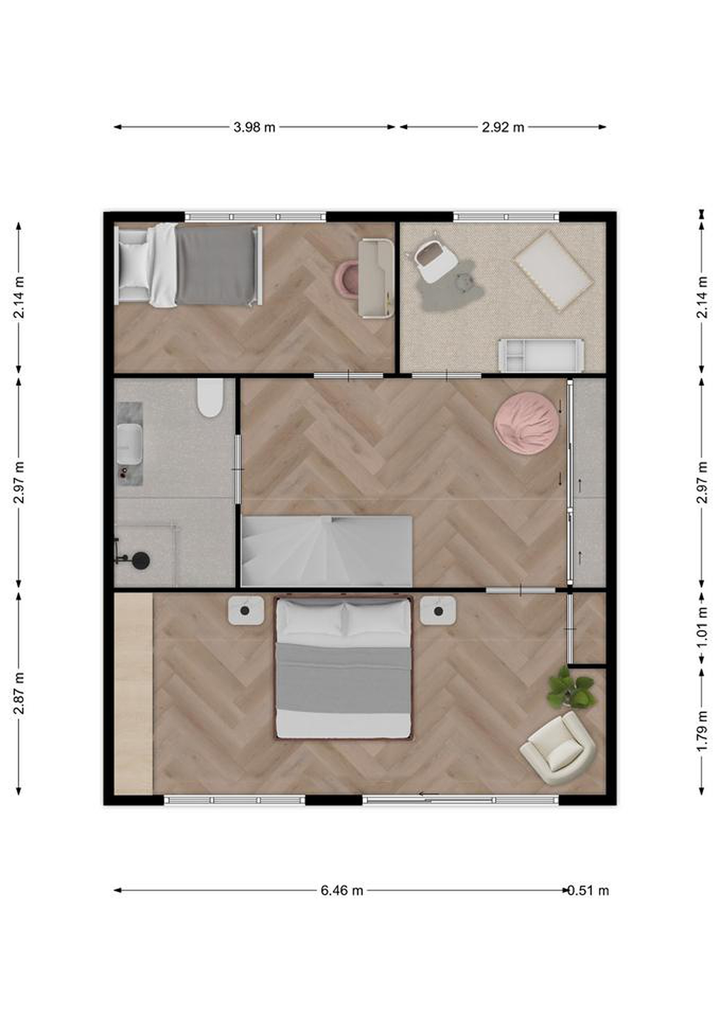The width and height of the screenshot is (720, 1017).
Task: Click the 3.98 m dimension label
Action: point(254,127)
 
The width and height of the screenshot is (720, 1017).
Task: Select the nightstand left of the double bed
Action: point(246,611)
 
